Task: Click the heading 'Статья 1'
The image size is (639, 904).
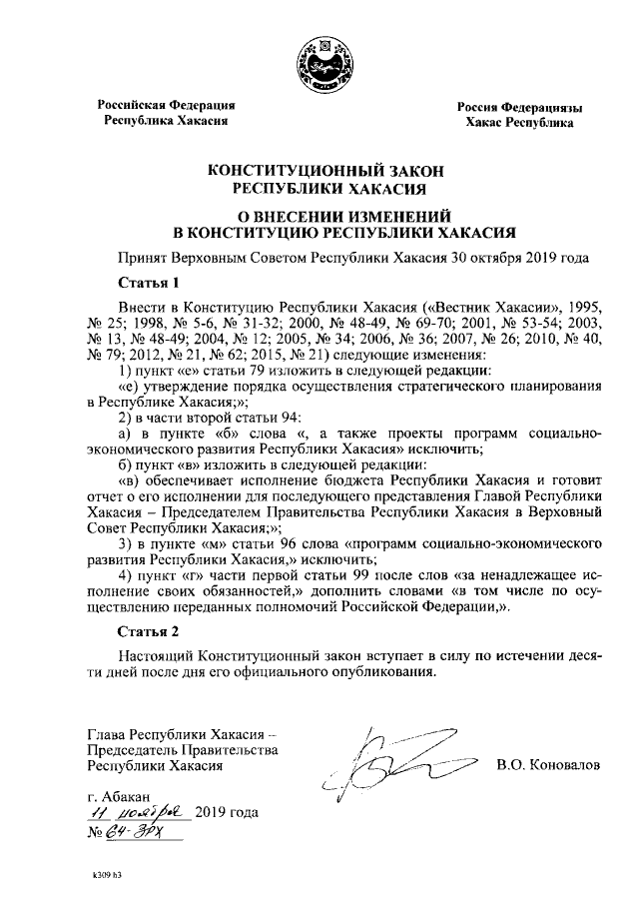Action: pos(147,282)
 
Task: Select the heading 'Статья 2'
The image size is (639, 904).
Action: pos(147,631)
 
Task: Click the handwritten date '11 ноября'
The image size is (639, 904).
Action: pos(136,811)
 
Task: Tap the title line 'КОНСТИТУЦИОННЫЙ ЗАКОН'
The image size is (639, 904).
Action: pos(319,171)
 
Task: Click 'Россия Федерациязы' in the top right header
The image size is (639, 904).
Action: pos(520,107)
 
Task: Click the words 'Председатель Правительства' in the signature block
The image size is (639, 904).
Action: pos(181,749)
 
